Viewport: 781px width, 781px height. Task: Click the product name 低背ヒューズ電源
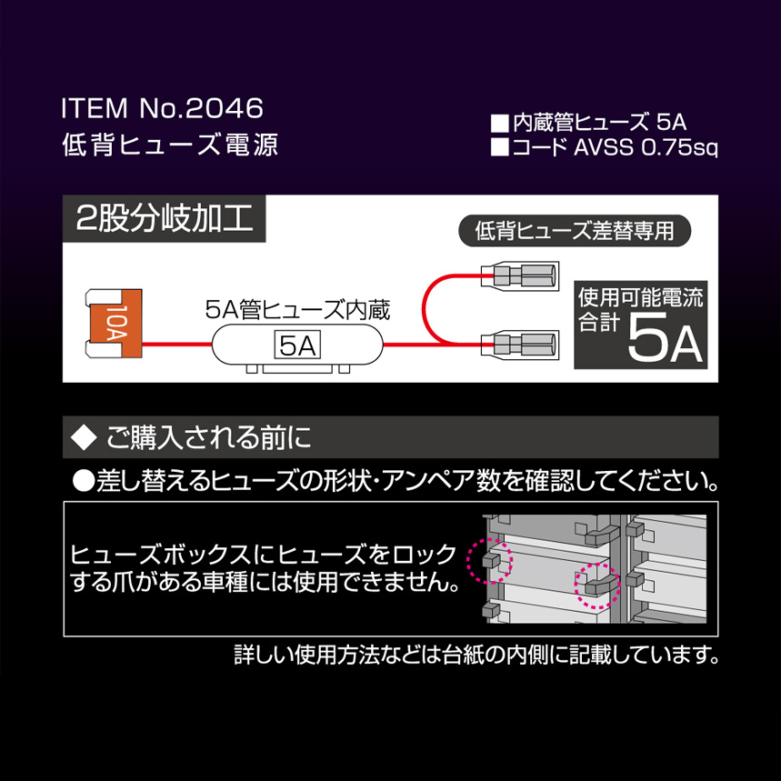tap(170, 145)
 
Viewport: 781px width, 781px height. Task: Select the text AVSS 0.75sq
tap(646, 147)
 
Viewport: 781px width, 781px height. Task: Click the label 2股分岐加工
tap(165, 218)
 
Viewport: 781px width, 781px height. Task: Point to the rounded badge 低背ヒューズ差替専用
tap(575, 231)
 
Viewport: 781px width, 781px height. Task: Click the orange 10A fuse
tap(114, 323)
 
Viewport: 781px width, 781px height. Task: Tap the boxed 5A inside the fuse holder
tap(297, 345)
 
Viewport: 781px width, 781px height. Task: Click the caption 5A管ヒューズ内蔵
tap(297, 309)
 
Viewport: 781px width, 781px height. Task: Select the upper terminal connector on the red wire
tap(519, 275)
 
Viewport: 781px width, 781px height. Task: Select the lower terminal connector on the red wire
tap(519, 345)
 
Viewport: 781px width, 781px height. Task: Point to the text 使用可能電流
tap(640, 298)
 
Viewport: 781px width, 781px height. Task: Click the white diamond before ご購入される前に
tap(83, 437)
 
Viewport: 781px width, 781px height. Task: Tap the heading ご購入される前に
tap(209, 437)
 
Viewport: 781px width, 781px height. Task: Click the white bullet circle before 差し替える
tap(83, 481)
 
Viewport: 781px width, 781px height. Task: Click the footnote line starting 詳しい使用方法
tap(476, 655)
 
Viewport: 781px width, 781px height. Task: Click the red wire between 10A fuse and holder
tap(177, 344)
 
